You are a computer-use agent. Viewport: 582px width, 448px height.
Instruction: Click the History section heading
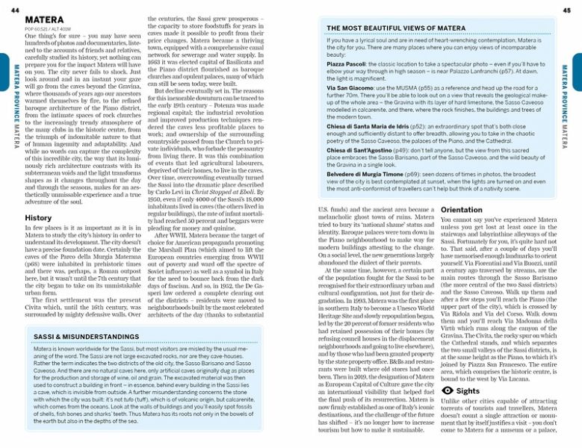click(x=38, y=218)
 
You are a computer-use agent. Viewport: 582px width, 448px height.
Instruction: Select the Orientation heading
click(x=462, y=210)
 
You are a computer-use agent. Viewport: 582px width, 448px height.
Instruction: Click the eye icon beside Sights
click(x=447, y=391)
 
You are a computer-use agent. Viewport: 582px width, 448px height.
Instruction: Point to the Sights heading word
click(x=468, y=391)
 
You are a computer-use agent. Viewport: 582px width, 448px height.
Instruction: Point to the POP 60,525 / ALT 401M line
click(x=46, y=28)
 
